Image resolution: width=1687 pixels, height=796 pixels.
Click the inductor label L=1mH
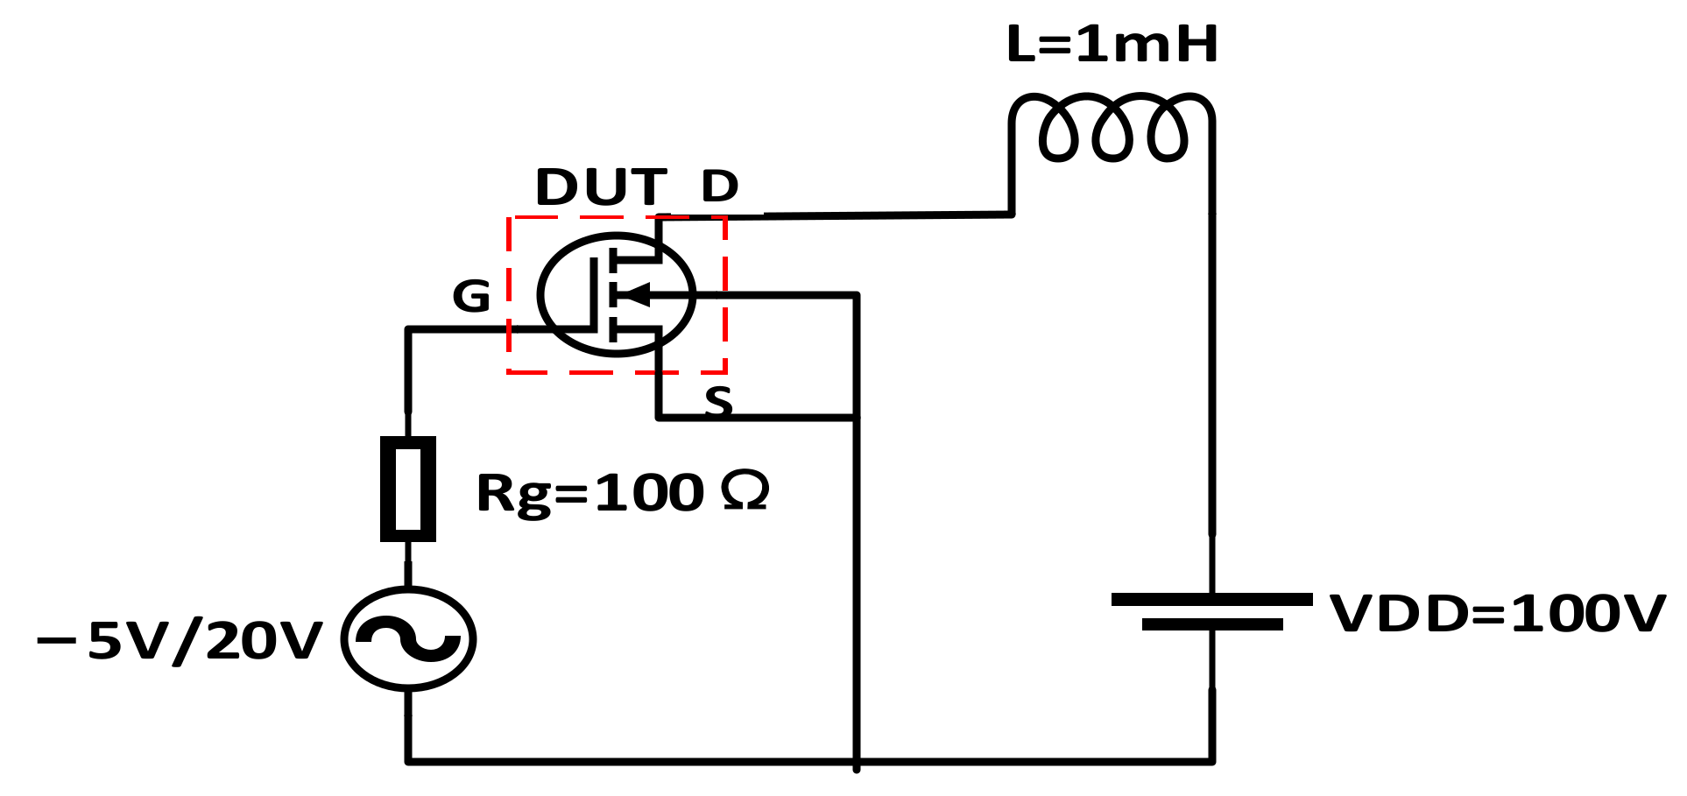coord(1112,44)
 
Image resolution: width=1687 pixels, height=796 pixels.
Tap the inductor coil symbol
coord(1112,127)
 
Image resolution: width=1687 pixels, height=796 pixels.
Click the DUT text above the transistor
coord(601,187)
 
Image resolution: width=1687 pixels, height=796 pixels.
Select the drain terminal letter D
coord(720,186)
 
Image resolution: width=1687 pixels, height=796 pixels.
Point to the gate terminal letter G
coord(471,296)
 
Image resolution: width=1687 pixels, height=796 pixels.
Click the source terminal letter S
coord(718,401)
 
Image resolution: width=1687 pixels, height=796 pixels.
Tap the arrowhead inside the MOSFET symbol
coord(636,295)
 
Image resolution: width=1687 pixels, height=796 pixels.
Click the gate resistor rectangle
coord(408,489)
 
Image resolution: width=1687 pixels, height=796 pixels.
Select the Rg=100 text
coord(589,492)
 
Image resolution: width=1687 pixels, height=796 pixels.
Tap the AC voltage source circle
coord(408,638)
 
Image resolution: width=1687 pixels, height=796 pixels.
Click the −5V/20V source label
coord(180,640)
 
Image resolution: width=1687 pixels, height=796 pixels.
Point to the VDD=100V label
coord(1497,613)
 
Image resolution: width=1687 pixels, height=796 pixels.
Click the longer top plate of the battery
coord(1211,599)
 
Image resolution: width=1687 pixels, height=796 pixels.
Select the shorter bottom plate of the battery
coord(1211,624)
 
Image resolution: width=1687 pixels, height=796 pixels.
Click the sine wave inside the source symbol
coord(408,638)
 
